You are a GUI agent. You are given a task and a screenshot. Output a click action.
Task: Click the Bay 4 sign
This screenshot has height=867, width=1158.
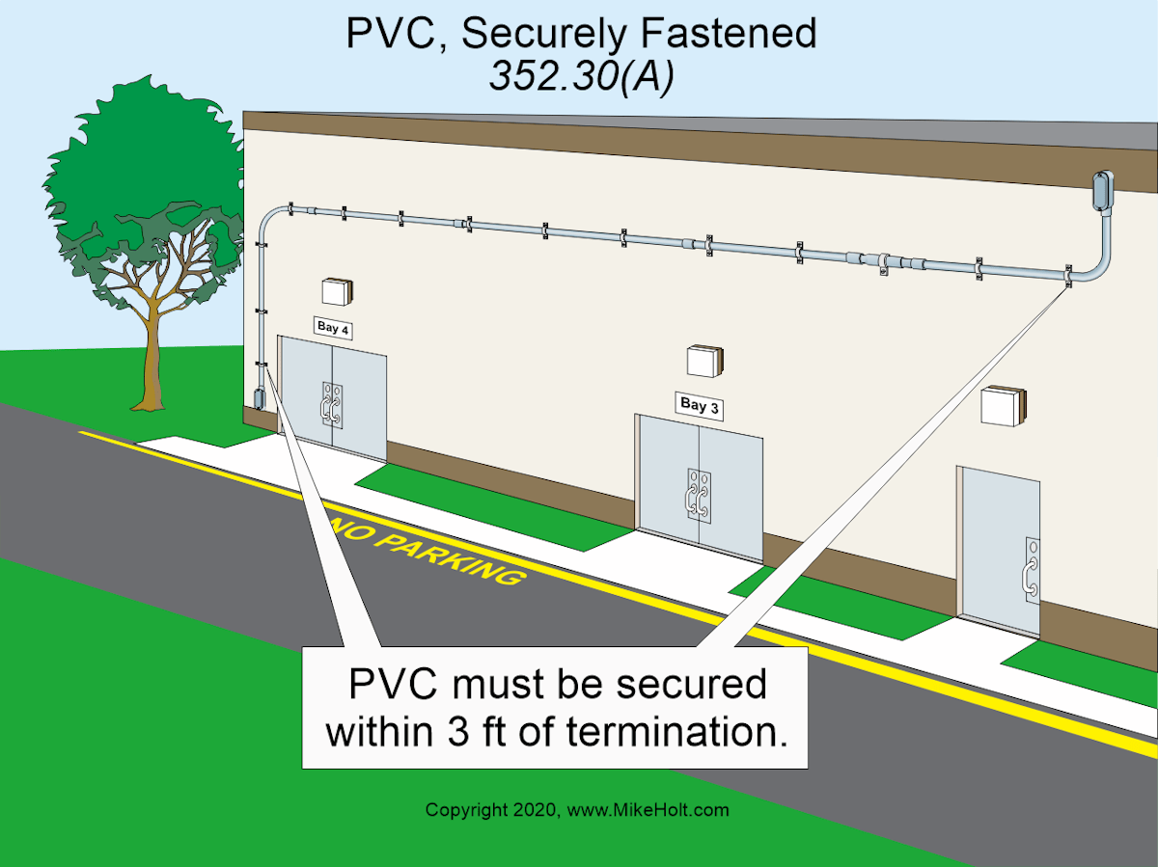(x=333, y=328)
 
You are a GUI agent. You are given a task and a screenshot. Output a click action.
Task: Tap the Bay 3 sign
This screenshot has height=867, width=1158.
(x=699, y=405)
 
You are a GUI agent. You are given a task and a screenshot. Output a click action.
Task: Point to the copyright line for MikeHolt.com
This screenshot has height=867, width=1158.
(x=577, y=810)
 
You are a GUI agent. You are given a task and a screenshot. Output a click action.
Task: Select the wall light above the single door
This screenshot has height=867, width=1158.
(x=1002, y=405)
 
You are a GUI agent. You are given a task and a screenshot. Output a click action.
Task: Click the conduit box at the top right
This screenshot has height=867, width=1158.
(x=1101, y=191)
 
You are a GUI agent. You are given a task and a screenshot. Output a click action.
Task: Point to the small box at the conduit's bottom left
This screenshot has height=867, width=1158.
(x=258, y=399)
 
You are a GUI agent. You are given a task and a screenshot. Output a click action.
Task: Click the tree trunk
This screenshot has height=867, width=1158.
(x=152, y=357)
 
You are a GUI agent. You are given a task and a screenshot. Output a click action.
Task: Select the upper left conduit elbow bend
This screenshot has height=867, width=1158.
(x=272, y=214)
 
